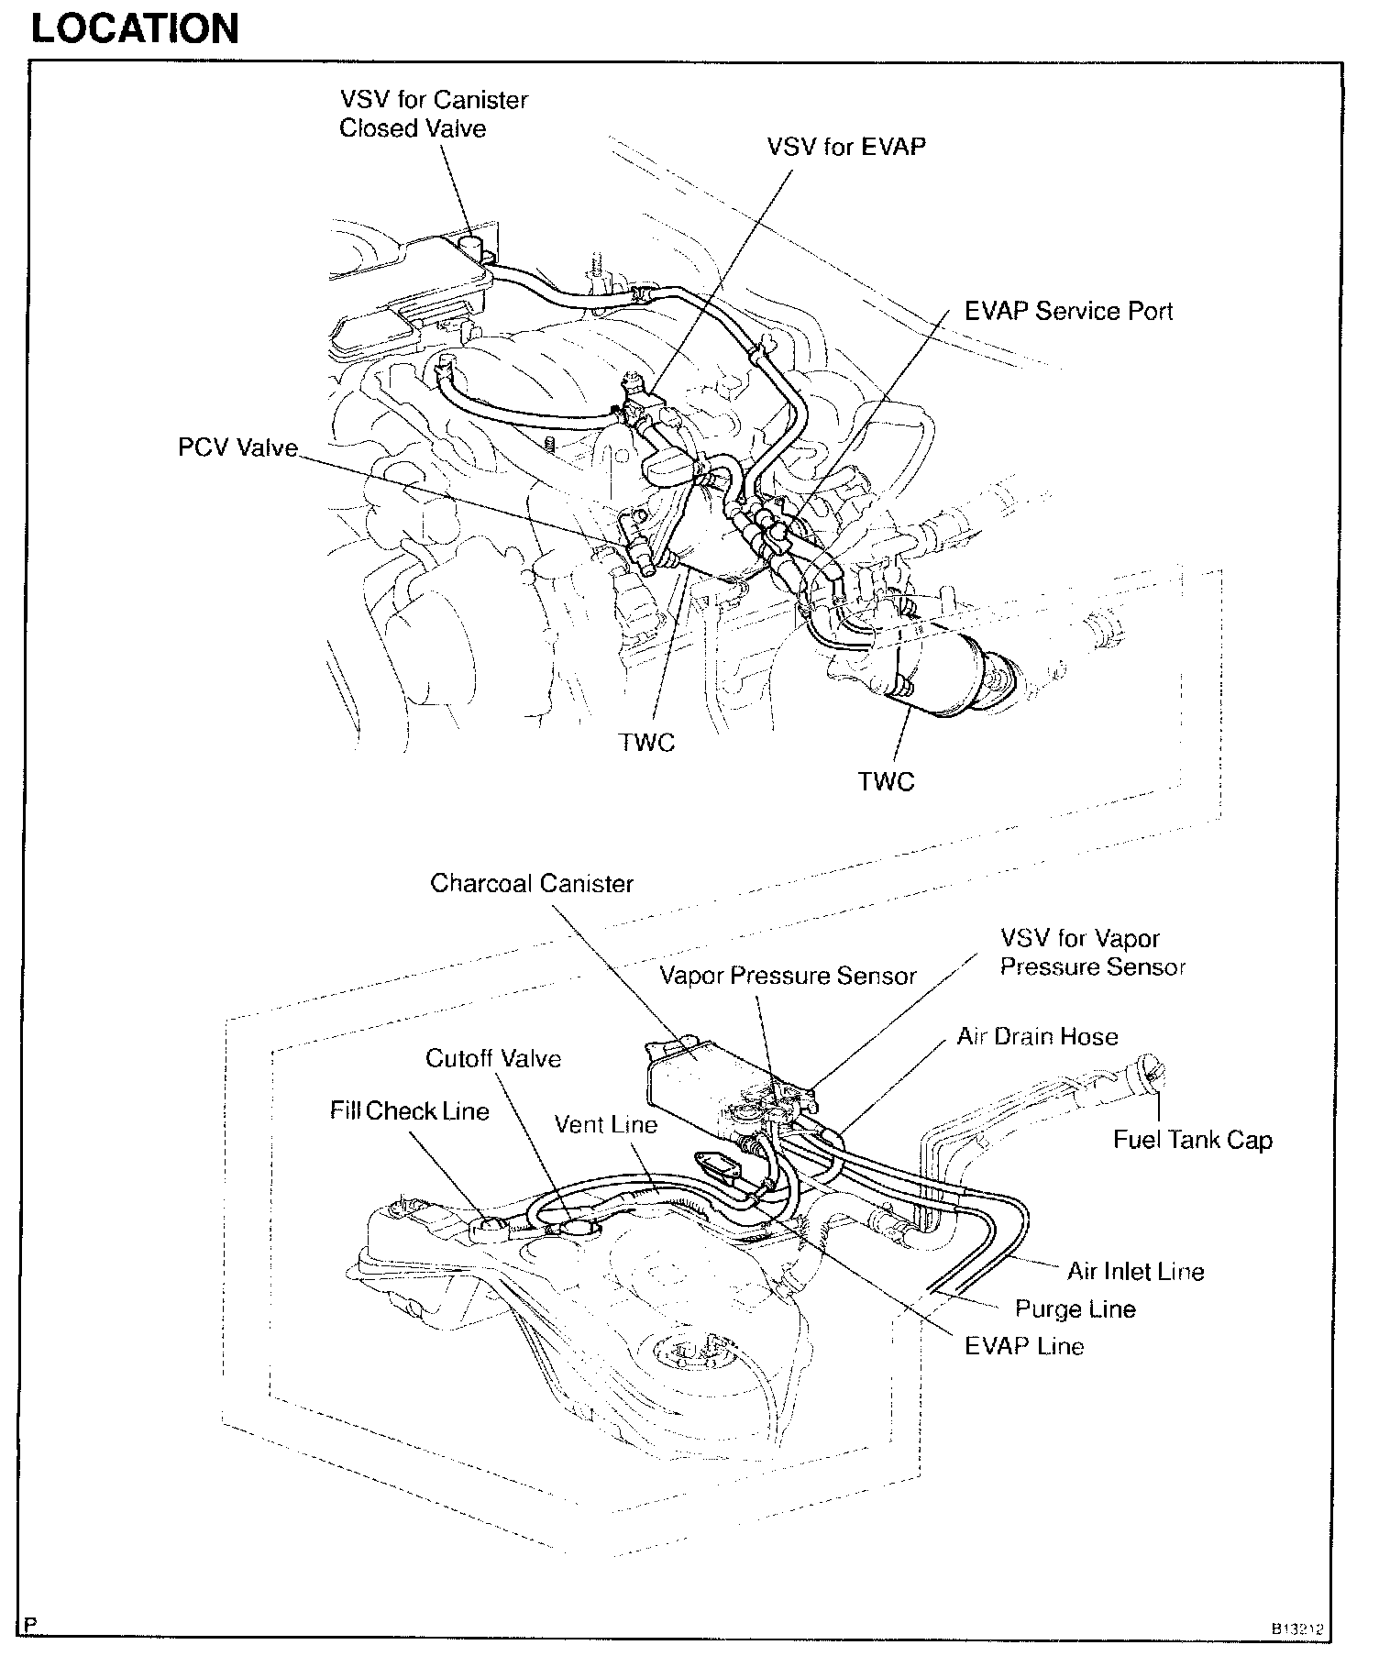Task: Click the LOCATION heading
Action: (135, 28)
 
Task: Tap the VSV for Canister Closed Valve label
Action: (433, 114)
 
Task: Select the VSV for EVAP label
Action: (845, 147)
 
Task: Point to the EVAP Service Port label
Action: (1068, 312)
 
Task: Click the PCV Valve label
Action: (237, 448)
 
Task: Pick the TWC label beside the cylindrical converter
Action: (886, 781)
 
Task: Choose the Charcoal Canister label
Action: (532, 884)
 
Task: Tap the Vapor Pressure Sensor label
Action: (788, 976)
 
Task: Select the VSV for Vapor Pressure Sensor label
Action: (1092, 953)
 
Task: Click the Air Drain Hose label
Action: (1037, 1037)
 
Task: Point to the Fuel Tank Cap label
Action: (1192, 1140)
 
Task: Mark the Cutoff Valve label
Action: (492, 1059)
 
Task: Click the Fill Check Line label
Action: (409, 1111)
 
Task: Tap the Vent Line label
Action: (605, 1125)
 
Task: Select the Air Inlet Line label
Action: (1135, 1272)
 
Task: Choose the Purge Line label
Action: (1075, 1308)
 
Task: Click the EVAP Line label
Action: (1023, 1346)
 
